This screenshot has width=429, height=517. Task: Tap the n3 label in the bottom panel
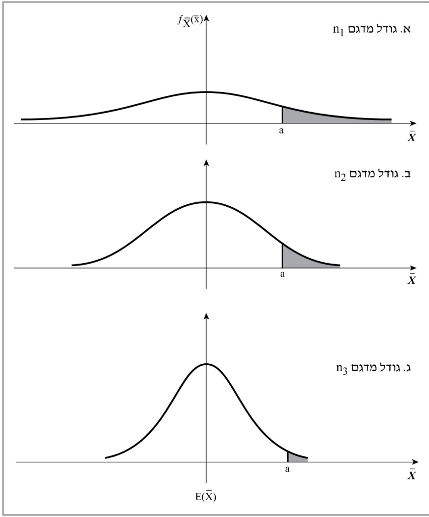[341, 369]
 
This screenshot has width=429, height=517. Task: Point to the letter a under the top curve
[281, 131]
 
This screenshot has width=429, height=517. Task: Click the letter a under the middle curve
[282, 274]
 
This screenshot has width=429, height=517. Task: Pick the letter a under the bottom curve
[287, 469]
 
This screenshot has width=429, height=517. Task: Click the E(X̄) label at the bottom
[206, 497]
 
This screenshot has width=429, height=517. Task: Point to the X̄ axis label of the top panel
[411, 137]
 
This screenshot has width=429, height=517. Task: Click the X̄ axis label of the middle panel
[411, 280]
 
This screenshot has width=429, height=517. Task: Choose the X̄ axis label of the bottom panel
[411, 475]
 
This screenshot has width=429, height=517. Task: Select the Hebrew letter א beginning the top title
[406, 29]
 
